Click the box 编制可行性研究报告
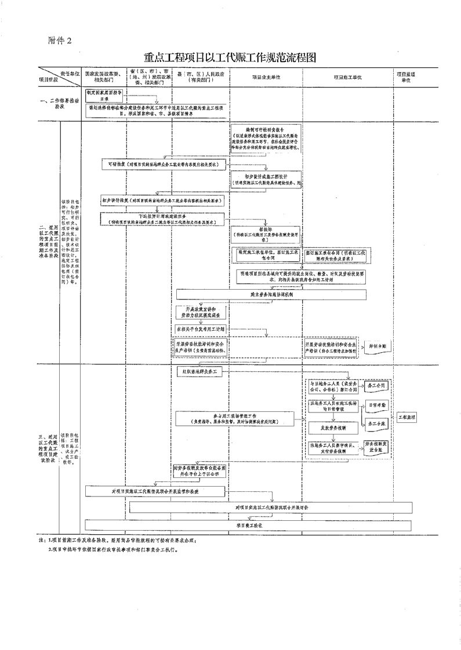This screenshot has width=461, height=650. pyautogui.click(x=266, y=137)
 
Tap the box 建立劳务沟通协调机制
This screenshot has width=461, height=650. pyautogui.click(x=272, y=294)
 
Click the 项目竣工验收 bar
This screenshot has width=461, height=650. pyautogui.click(x=248, y=525)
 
